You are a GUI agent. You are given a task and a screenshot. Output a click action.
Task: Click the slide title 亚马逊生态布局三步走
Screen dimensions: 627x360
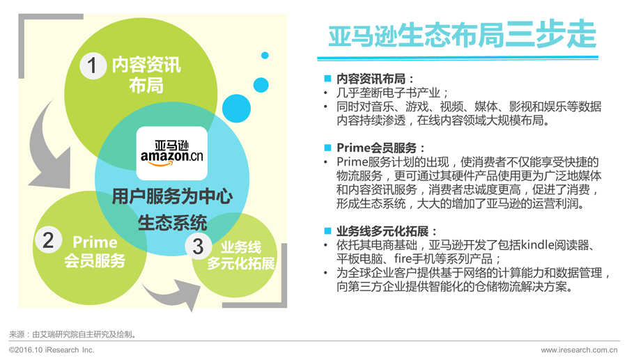click(x=463, y=35)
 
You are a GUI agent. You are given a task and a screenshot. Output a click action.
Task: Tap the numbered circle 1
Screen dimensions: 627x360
click(x=93, y=65)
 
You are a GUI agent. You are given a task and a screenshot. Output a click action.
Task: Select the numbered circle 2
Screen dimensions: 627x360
click(x=48, y=240)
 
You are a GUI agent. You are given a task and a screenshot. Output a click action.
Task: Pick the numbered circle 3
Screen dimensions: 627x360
click(x=199, y=246)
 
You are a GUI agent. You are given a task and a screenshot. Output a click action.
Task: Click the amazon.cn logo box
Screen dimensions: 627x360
click(x=172, y=153)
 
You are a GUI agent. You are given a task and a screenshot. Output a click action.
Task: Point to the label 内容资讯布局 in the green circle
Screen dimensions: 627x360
click(x=146, y=75)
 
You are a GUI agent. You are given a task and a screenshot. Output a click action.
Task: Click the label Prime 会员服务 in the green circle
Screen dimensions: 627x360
click(x=95, y=251)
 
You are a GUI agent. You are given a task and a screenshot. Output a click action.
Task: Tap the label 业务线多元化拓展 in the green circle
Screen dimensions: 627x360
click(x=241, y=256)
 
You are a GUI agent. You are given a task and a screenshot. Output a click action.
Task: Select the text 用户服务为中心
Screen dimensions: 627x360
click(x=172, y=196)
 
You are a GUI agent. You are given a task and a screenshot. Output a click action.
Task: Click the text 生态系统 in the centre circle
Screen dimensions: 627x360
click(x=172, y=223)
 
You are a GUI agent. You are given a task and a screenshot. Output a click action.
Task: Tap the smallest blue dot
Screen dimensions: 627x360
click(x=265, y=56)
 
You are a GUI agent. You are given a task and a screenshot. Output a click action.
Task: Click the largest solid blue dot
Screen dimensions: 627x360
click(x=236, y=109)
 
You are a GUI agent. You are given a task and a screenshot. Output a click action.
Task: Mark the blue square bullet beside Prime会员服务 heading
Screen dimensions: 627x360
click(x=328, y=148)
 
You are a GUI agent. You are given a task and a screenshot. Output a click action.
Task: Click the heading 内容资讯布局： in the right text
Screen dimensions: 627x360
click(x=376, y=78)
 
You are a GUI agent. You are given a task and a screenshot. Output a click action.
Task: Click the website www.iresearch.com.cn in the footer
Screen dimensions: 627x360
click(x=579, y=350)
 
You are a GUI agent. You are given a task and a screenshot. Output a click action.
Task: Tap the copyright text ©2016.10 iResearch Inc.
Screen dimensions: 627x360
click(x=52, y=350)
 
